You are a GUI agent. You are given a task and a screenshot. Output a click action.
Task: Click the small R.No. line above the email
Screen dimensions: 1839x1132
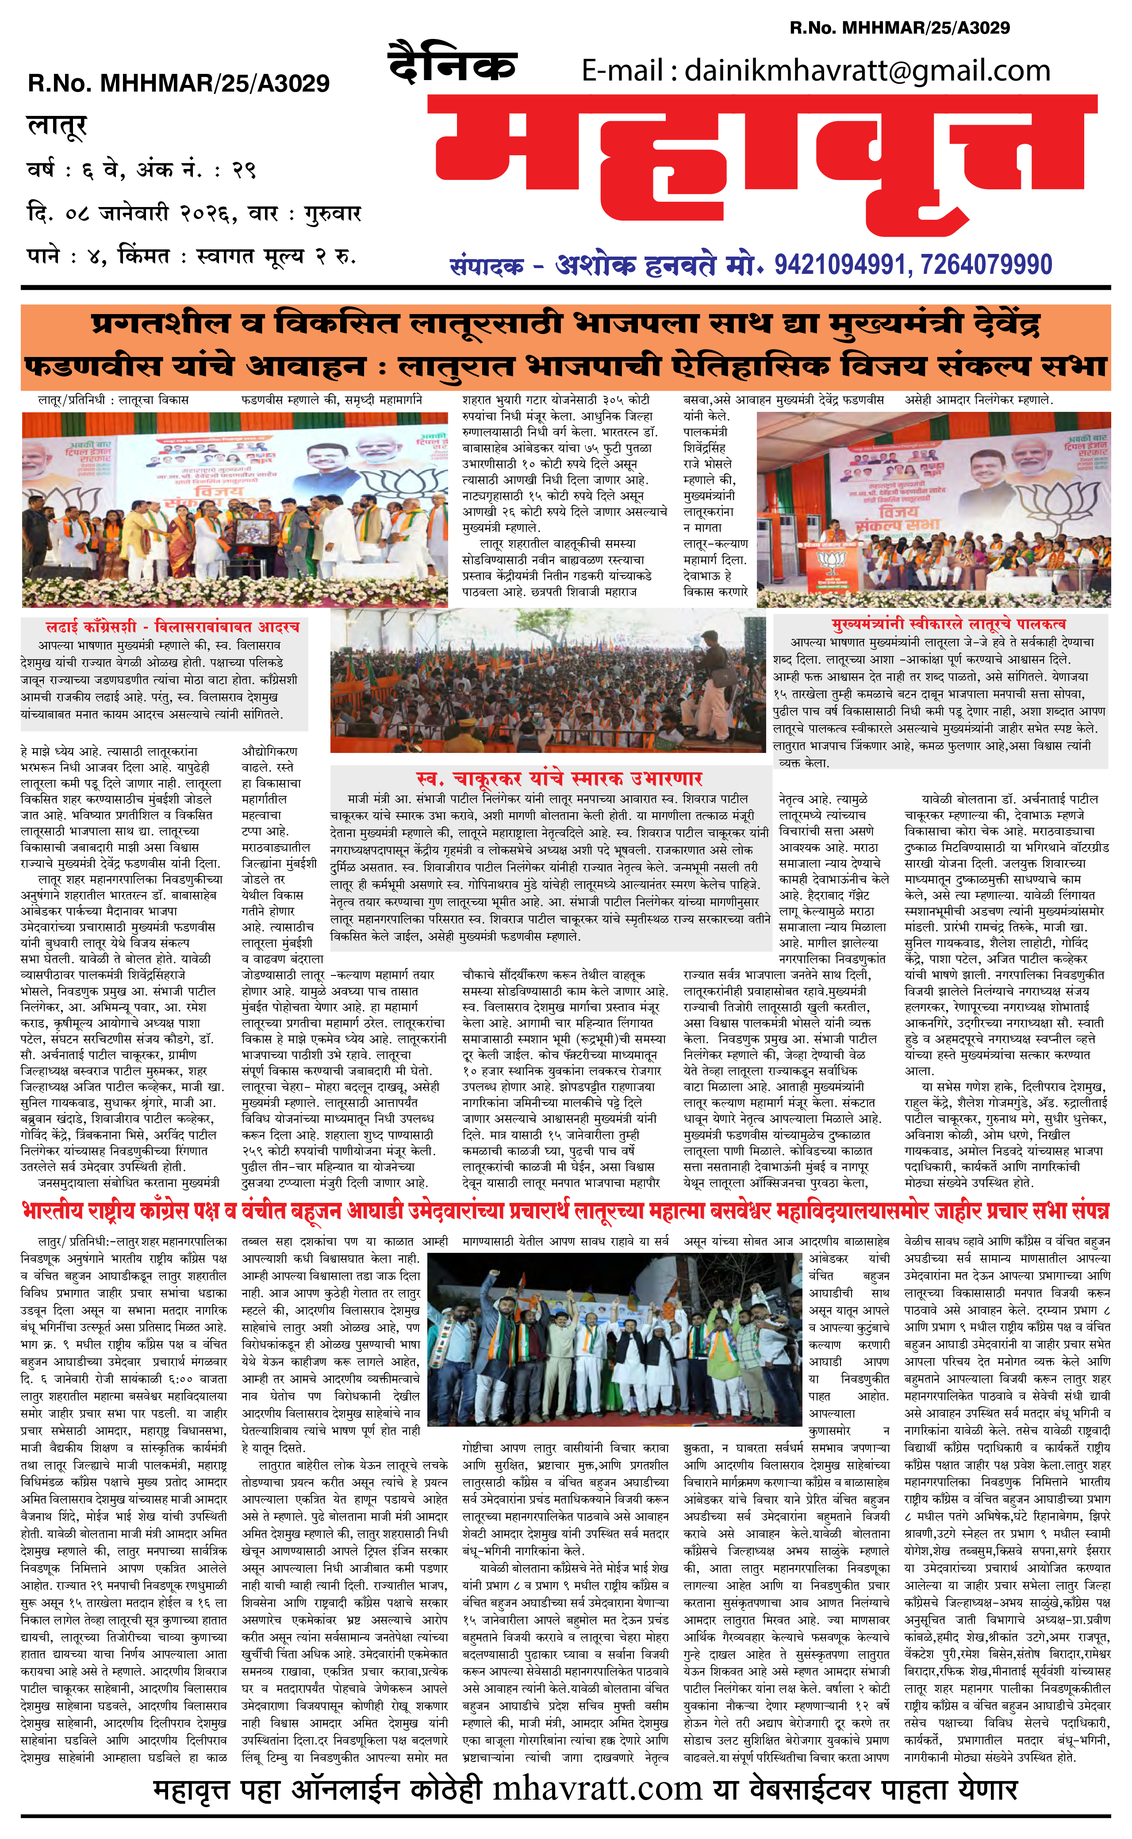click(899, 28)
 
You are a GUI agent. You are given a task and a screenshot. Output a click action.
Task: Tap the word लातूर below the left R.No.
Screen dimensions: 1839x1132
click(57, 126)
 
